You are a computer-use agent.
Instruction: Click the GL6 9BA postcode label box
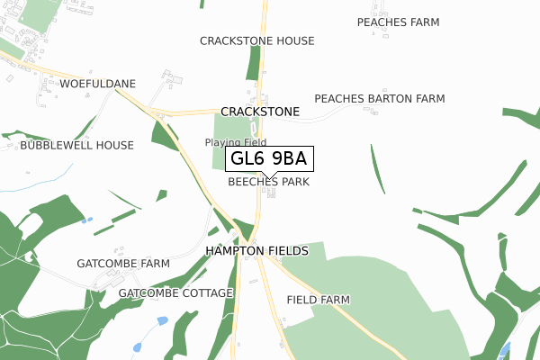pyautogui.click(x=268, y=159)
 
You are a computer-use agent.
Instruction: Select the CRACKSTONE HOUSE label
pyautogui.click(x=257, y=41)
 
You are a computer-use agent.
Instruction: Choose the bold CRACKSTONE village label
pyautogui.click(x=260, y=112)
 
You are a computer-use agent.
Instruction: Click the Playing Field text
pyautogui.click(x=235, y=142)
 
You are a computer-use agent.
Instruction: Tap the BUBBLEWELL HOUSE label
pyautogui.click(x=76, y=145)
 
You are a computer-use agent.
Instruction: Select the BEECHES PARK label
pyautogui.click(x=268, y=182)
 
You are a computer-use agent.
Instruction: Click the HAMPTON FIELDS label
pyautogui.click(x=257, y=250)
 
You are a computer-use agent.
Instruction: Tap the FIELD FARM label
pyautogui.click(x=318, y=300)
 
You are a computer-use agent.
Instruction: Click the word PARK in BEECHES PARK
pyautogui.click(x=294, y=182)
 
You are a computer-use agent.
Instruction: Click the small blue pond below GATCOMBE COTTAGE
pyautogui.click(x=162, y=320)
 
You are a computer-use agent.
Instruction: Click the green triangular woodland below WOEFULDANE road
pyautogui.click(x=164, y=135)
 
